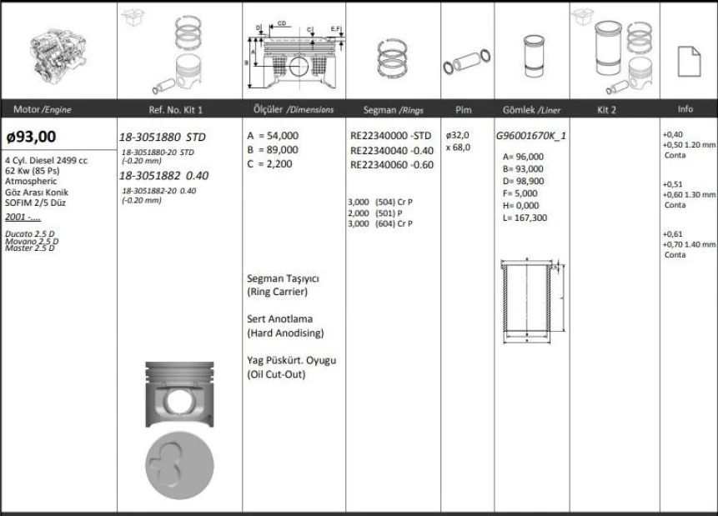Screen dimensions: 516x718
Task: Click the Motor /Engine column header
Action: pyautogui.click(x=43, y=110)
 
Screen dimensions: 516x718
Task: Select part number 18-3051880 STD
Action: pyautogui.click(x=162, y=136)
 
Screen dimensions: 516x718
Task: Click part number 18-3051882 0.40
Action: pyautogui.click(x=163, y=176)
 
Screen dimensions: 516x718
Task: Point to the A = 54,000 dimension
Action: pyautogui.click(x=273, y=135)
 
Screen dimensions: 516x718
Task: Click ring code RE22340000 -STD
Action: pyautogui.click(x=391, y=135)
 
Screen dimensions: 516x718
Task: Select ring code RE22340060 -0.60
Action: pyautogui.click(x=392, y=164)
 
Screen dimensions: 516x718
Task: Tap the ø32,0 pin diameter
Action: pyautogui.click(x=458, y=135)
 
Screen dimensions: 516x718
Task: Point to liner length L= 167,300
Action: pyautogui.click(x=525, y=218)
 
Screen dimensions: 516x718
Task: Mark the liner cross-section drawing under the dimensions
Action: pyautogui.click(x=529, y=301)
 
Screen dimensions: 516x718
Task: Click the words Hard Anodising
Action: pyautogui.click(x=285, y=333)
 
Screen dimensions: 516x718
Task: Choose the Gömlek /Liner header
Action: pyautogui.click(x=531, y=110)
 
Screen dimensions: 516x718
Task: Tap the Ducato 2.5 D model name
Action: pyautogui.click(x=29, y=234)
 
